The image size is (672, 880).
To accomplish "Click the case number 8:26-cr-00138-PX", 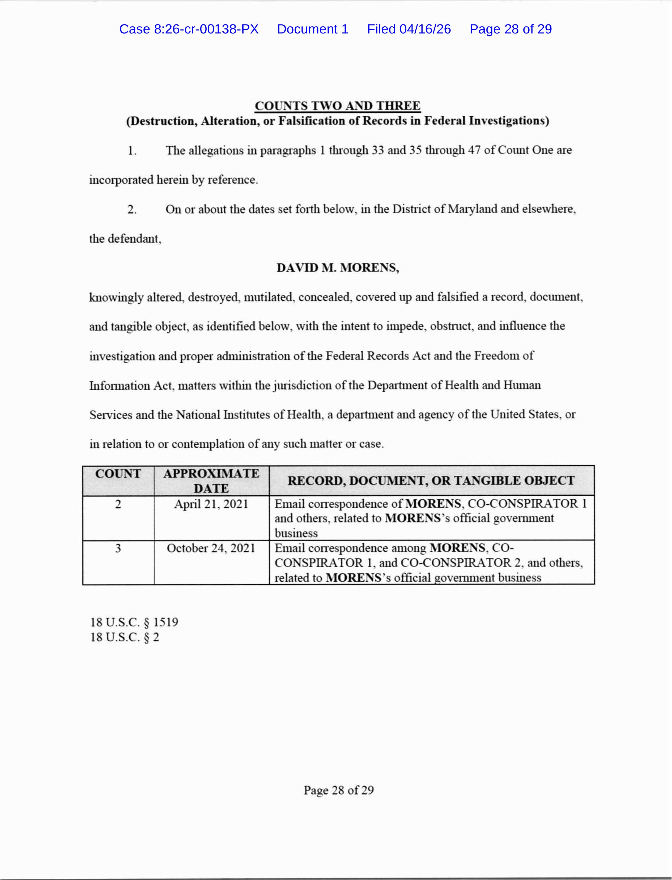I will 189,29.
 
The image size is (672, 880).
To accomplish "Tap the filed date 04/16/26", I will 409,29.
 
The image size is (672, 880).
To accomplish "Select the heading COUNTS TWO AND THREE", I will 338,106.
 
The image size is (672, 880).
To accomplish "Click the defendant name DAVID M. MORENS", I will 338,267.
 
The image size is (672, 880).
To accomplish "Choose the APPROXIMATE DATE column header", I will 211,481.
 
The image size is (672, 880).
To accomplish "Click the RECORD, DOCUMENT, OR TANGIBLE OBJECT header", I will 431,481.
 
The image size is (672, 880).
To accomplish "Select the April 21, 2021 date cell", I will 211,504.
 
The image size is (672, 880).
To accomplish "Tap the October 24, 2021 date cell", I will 211,548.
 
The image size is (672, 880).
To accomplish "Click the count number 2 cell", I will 118,504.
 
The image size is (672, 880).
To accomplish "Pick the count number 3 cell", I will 118,548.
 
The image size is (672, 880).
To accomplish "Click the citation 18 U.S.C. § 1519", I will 134,622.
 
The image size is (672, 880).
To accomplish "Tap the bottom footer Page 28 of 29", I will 338,790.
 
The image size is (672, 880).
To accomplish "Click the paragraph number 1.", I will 132,151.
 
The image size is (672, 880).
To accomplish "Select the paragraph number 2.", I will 132,210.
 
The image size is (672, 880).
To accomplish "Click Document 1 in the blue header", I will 312,29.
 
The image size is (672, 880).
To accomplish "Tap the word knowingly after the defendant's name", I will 116,297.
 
